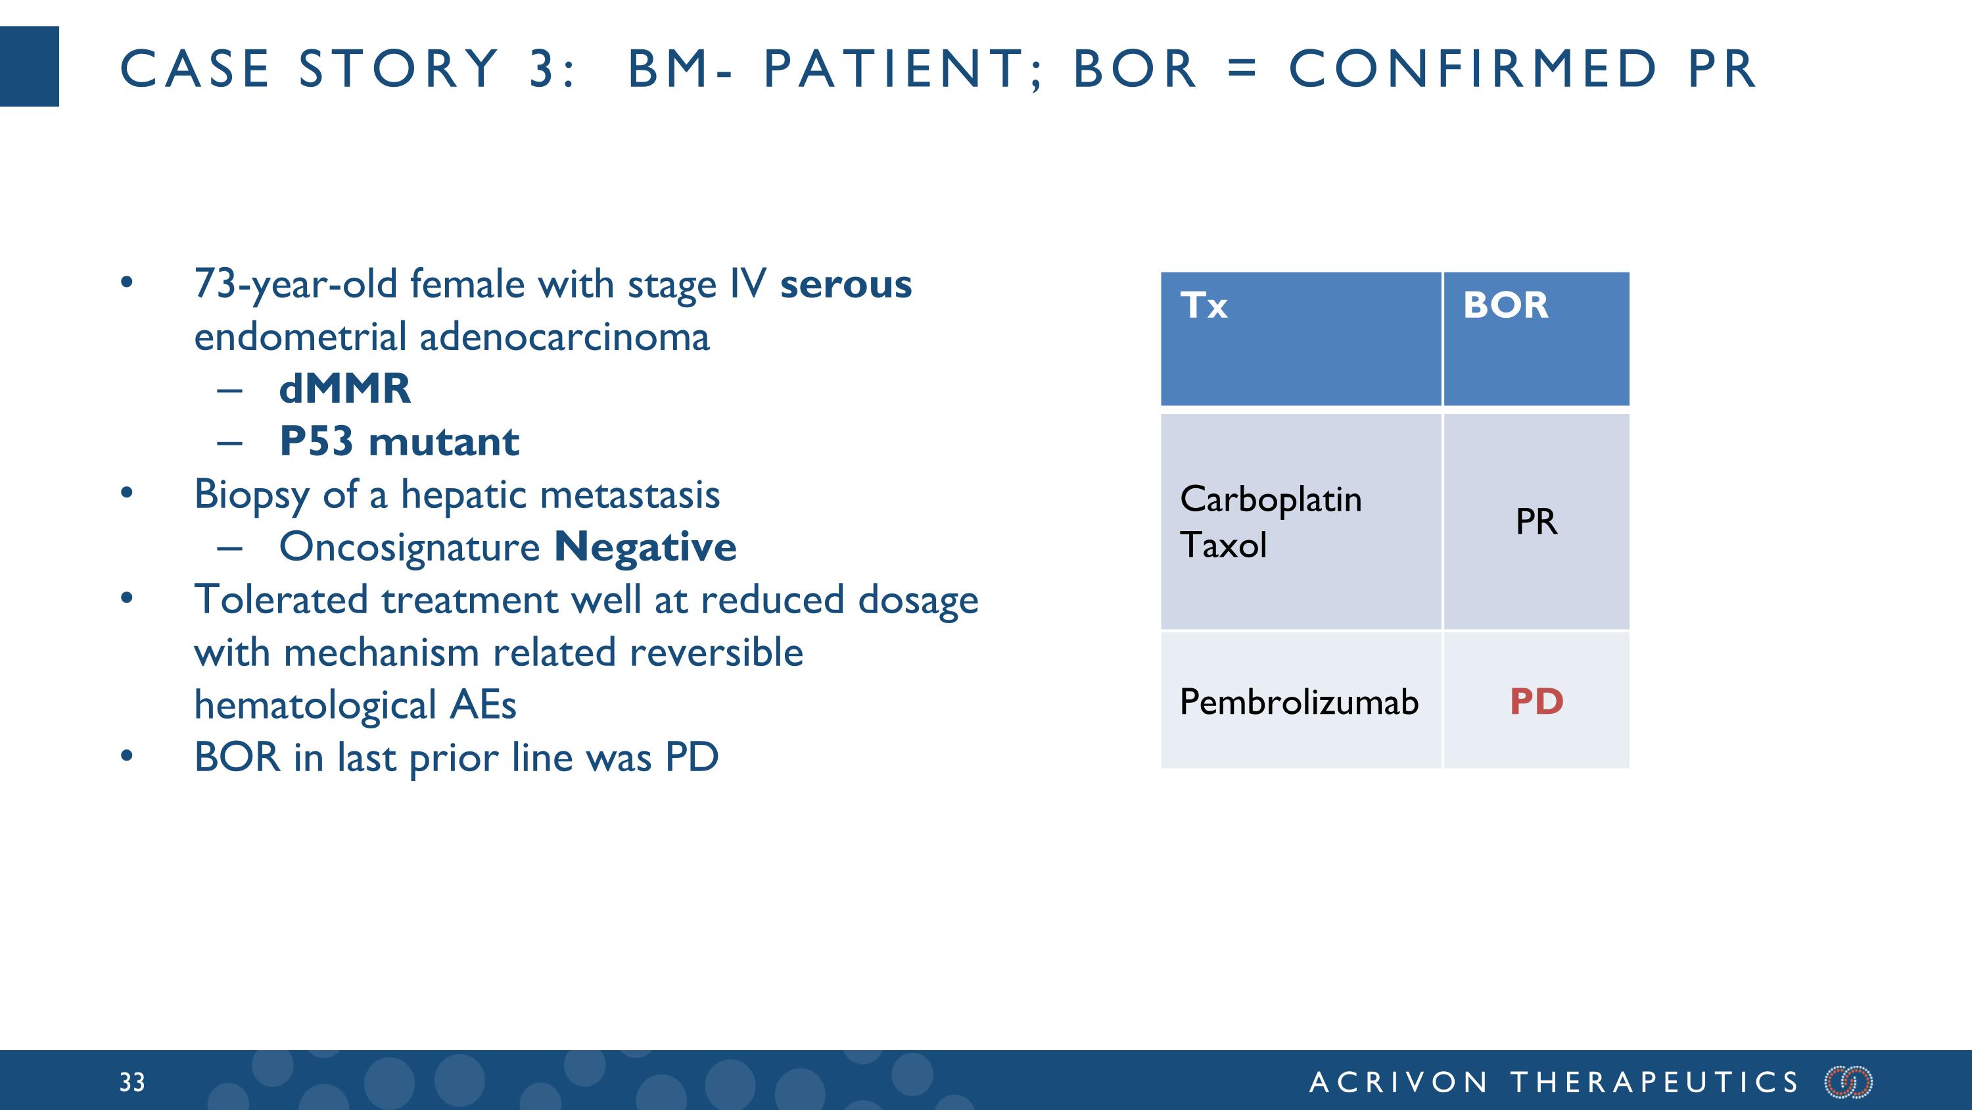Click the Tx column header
pyautogui.click(x=1204, y=306)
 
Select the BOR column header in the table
pyautogui.click(x=1505, y=306)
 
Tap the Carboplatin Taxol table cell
pyautogui.click(x=1271, y=522)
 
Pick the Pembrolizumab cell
pyautogui.click(x=1298, y=701)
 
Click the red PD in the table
pyautogui.click(x=1536, y=701)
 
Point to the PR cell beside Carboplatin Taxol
pyautogui.click(x=1536, y=522)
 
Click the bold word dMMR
pyautogui.click(x=344, y=389)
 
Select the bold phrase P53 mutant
pyautogui.click(x=399, y=442)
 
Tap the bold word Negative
pyautogui.click(x=645, y=547)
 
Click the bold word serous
pyautogui.click(x=845, y=284)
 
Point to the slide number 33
pyautogui.click(x=131, y=1082)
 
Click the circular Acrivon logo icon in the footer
pyautogui.click(x=1848, y=1082)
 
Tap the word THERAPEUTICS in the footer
pyautogui.click(x=1655, y=1082)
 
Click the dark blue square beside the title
pyautogui.click(x=29, y=66)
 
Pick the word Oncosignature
pyautogui.click(x=410, y=547)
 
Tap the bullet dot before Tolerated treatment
pyautogui.click(x=127, y=598)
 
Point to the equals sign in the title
pyautogui.click(x=1242, y=68)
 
